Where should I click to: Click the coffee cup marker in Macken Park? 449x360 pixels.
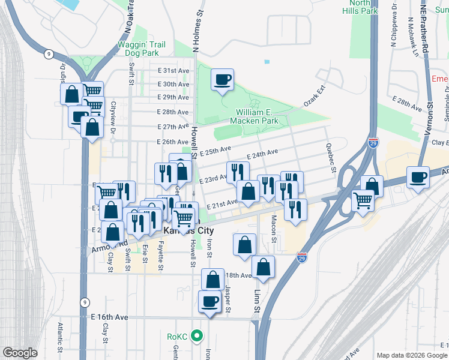pos(222,79)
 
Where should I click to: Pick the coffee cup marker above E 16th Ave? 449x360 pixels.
pos(210,302)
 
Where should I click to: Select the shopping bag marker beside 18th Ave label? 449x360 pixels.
pos(212,279)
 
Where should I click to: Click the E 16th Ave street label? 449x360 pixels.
pos(109,316)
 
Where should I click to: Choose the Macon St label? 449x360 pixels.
pos(273,229)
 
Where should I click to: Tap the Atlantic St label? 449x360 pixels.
pos(61,337)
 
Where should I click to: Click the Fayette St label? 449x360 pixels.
pos(160,255)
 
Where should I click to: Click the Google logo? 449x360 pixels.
pos(20,353)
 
